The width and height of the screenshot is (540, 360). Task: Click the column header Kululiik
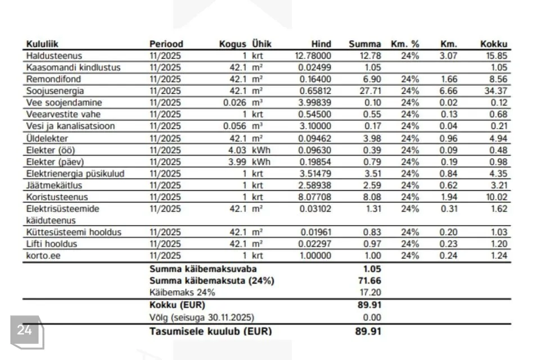tap(43, 44)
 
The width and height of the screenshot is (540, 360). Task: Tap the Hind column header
tap(321, 44)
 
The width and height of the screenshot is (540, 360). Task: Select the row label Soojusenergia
tap(51, 91)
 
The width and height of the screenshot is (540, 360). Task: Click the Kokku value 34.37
tap(496, 91)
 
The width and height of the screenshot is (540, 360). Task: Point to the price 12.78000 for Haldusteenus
tap(313, 56)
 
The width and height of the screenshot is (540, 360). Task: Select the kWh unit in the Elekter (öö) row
tap(261, 150)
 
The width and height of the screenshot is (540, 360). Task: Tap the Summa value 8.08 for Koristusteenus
tap(372, 197)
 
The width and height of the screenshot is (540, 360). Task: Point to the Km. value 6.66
tap(448, 91)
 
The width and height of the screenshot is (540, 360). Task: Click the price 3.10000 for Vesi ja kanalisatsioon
tap(314, 127)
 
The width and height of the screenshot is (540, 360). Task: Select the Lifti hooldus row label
tap(51, 244)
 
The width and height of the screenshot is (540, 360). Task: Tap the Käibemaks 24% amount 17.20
tap(370, 292)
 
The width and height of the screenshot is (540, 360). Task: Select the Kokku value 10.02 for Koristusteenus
tap(496, 197)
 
